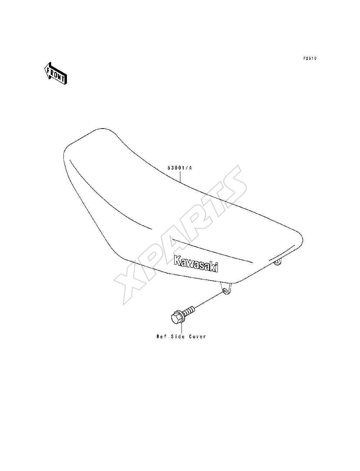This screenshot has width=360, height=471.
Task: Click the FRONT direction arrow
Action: click(x=55, y=73)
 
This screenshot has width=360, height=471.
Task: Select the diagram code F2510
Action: click(x=310, y=58)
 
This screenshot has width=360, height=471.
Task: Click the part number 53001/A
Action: click(x=179, y=168)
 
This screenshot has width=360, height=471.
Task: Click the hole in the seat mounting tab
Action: click(x=225, y=291)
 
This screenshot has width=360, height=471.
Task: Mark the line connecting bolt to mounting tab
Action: click(x=209, y=300)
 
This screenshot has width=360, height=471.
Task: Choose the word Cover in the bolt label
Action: click(x=198, y=336)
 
